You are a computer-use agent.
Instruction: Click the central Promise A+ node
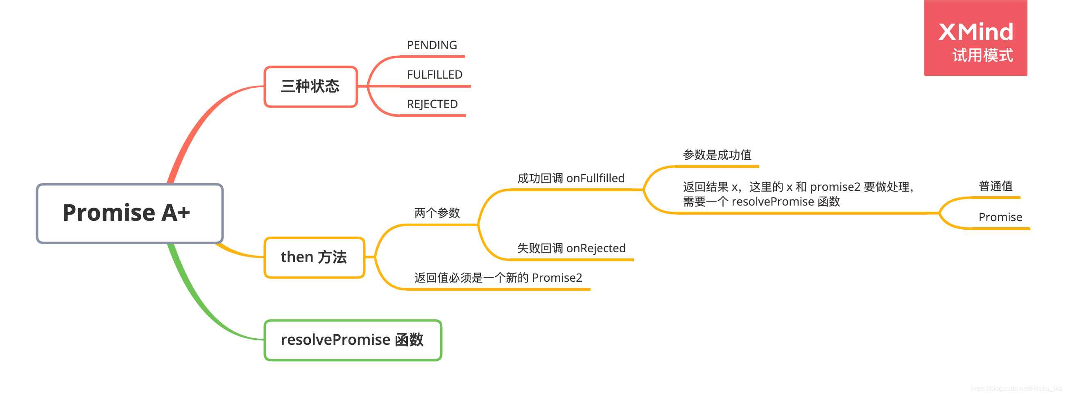tap(129, 213)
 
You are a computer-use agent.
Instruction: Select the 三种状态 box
tap(310, 86)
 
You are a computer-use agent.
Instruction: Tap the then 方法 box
tap(314, 257)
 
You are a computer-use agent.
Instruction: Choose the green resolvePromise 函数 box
tap(353, 340)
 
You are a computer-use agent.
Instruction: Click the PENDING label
tap(432, 45)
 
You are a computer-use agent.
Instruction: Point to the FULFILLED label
tap(435, 75)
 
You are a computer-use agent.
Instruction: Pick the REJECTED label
tap(432, 104)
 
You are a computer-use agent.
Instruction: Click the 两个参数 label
tap(437, 213)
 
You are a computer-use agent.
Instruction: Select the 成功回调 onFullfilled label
tap(570, 179)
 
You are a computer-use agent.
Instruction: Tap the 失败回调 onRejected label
tap(571, 248)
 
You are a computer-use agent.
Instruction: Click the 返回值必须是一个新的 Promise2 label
tap(498, 278)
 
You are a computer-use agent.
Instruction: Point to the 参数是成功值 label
tap(717, 155)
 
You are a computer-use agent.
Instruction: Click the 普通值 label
tap(995, 186)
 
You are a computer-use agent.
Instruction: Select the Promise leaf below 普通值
tap(1000, 217)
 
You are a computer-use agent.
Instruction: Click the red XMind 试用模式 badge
tap(975, 38)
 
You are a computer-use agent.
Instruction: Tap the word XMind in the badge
tap(975, 32)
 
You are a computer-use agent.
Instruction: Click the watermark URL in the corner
tap(1016, 389)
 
